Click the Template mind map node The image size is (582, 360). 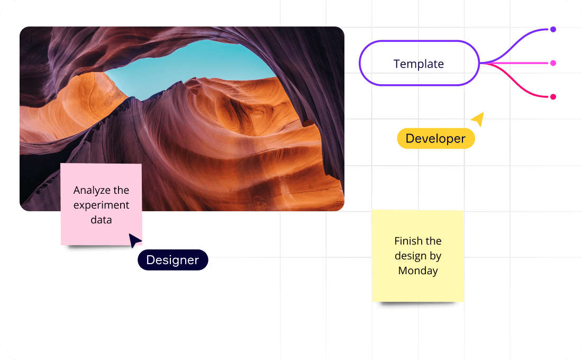tap(419, 64)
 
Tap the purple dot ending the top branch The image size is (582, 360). tap(553, 30)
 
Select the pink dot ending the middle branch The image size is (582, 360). tap(553, 63)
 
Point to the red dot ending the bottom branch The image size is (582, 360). tap(553, 97)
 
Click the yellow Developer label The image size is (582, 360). tap(435, 139)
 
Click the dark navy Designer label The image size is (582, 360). tap(172, 260)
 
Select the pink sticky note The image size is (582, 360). tap(101, 204)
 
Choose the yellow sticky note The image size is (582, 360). tap(417, 256)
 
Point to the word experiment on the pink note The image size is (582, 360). tap(101, 205)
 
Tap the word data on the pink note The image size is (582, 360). tap(101, 219)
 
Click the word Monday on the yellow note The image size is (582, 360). tap(418, 271)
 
